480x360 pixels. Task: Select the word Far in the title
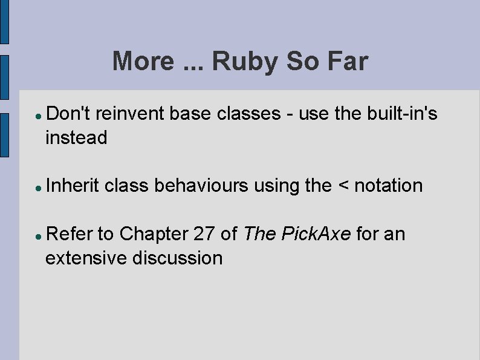tap(346, 62)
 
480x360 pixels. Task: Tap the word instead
tap(76, 137)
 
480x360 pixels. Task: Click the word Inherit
tap(72, 185)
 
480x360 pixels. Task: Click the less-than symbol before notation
tap(343, 186)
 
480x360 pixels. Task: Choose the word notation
tap(389, 185)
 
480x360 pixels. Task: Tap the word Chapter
tap(154, 234)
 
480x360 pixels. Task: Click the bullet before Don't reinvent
tap(37, 114)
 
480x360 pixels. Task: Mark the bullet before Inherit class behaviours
tap(37, 187)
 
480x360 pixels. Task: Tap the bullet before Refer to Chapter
tap(37, 235)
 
